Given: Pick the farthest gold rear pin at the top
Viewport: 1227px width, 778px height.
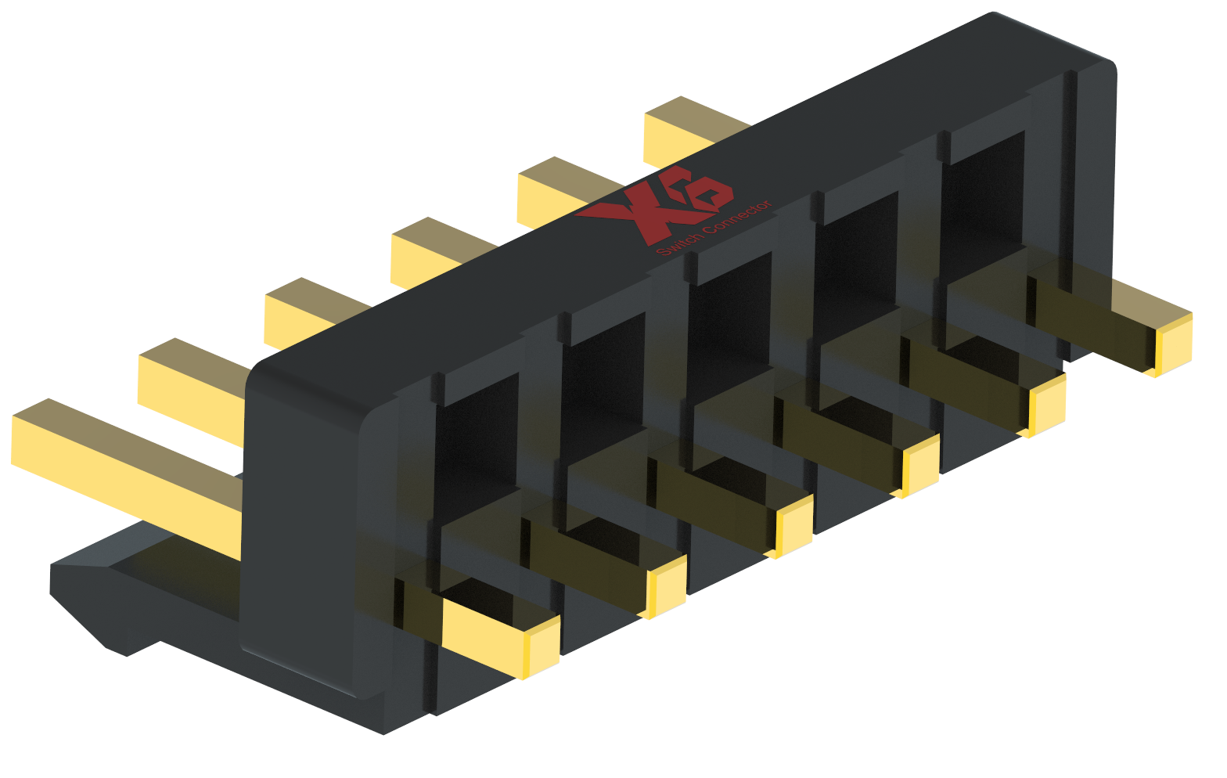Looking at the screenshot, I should point(689,129).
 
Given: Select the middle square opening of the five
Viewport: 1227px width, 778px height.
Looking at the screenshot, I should point(732,313).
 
